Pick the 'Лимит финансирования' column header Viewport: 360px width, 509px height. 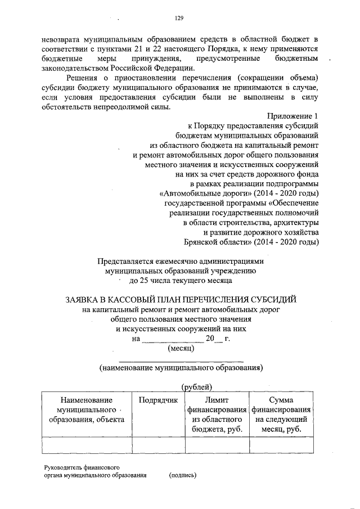click(x=217, y=415)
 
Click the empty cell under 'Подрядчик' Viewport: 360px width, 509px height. click(x=158, y=445)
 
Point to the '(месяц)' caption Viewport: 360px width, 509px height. click(x=181, y=348)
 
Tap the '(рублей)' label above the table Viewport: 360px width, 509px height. click(x=196, y=386)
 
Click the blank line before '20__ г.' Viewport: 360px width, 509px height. click(x=171, y=339)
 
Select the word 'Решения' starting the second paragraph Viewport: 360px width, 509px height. click(x=82, y=77)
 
